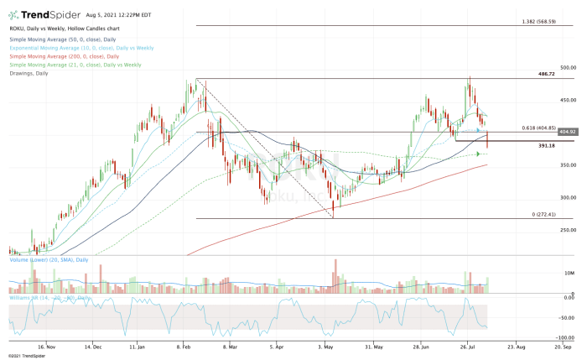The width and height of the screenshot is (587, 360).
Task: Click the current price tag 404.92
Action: [569, 132]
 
